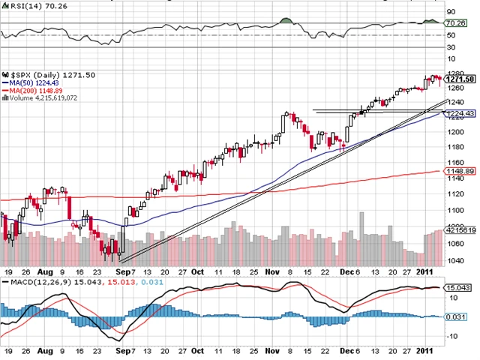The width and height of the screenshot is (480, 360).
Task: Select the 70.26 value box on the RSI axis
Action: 457,22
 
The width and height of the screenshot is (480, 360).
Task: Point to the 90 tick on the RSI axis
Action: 451,12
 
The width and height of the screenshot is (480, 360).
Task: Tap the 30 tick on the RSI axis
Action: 451,47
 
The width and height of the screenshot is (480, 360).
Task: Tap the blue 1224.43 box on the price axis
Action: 459,113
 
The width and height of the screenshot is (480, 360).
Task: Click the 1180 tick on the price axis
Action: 454,147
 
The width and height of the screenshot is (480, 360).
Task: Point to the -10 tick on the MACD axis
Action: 452,335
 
